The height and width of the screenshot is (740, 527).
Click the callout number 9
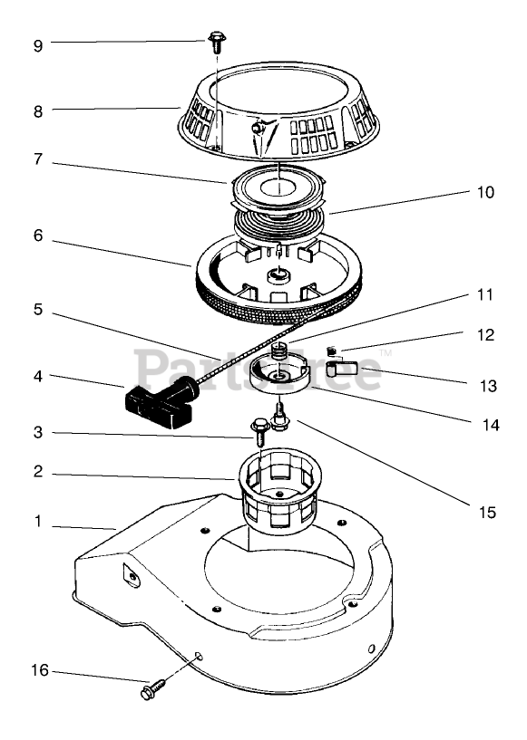point(38,46)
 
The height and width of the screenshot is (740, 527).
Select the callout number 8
point(38,111)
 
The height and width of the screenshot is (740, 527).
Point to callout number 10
point(485,192)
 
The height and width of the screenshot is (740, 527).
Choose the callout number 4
point(38,377)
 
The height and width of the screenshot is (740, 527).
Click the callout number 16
point(40,670)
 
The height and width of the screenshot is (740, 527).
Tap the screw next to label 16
point(153,687)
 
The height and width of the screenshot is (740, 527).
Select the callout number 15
point(487,512)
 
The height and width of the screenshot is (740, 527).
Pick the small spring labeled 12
point(332,351)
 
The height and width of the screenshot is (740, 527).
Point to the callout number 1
point(38,522)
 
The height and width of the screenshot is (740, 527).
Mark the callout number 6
point(38,235)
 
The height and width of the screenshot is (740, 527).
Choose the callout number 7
point(38,159)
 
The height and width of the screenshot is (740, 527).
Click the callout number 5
point(38,310)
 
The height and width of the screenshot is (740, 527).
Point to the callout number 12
point(485,334)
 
